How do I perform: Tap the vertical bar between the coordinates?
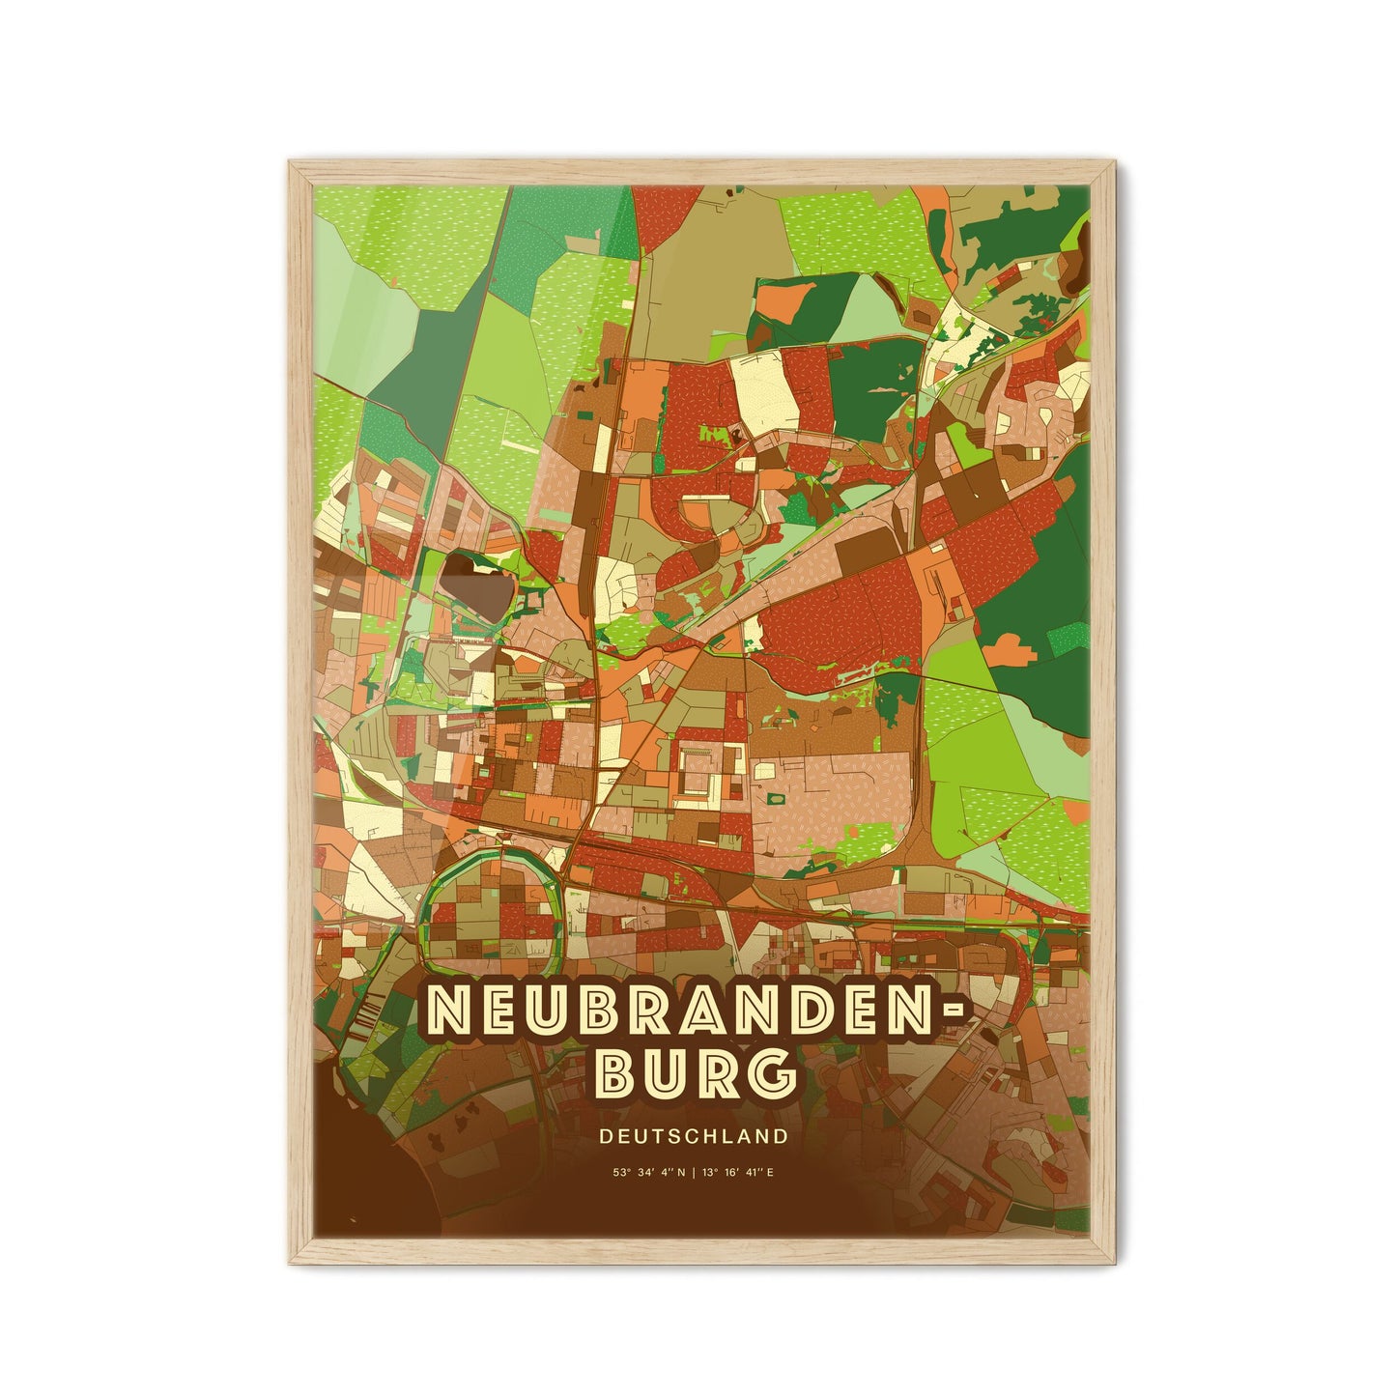[693, 1173]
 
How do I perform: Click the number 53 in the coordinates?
[615, 1173]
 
